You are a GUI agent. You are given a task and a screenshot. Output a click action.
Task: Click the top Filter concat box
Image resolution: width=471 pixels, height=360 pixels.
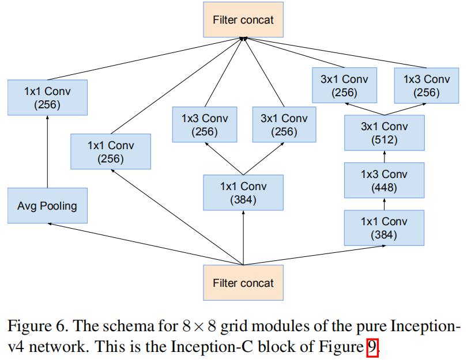click(x=243, y=20)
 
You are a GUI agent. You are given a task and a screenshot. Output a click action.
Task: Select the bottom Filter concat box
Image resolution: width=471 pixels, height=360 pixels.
click(x=243, y=283)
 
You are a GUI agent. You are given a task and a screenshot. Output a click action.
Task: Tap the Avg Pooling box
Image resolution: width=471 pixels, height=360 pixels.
click(x=47, y=206)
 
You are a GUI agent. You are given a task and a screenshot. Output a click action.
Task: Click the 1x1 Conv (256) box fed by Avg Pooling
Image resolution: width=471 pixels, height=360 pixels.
click(x=47, y=97)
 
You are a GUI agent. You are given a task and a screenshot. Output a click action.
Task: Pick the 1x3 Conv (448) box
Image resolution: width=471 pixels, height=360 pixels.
click(x=384, y=180)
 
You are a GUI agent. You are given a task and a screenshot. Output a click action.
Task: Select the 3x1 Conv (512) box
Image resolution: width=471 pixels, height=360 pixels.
click(x=384, y=132)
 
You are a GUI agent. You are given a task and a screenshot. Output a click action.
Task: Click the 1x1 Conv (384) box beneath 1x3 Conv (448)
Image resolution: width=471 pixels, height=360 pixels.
click(x=384, y=228)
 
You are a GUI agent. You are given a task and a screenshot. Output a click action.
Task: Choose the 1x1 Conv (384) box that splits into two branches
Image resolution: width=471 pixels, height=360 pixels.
click(x=243, y=192)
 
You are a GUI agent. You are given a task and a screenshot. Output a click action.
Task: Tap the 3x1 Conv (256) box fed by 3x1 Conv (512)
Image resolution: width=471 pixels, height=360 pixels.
click(x=344, y=85)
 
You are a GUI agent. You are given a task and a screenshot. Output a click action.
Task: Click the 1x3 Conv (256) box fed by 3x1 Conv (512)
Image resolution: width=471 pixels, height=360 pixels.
click(x=427, y=85)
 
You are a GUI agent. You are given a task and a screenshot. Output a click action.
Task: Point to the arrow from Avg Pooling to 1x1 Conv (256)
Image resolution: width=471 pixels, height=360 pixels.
click(x=47, y=152)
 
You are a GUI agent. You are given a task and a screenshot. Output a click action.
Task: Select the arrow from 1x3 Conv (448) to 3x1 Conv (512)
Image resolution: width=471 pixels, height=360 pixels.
click(x=385, y=157)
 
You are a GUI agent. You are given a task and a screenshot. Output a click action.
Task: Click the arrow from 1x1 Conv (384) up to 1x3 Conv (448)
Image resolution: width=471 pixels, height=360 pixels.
click(x=384, y=204)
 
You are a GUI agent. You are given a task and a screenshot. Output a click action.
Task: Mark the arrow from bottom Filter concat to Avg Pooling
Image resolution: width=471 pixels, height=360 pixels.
click(x=145, y=244)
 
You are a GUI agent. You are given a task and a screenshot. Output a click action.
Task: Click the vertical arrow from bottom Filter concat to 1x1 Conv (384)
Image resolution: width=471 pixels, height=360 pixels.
click(x=243, y=237)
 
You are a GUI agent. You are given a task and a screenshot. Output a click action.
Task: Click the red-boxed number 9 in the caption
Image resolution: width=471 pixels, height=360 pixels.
click(x=372, y=347)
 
